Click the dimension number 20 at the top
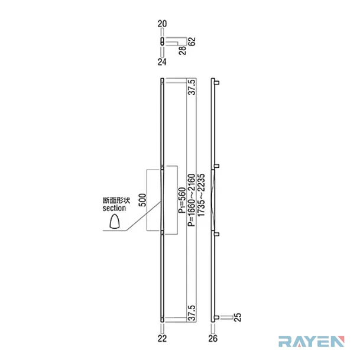click(162, 24)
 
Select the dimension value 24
click(162, 61)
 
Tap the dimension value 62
click(192, 41)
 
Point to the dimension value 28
click(183, 50)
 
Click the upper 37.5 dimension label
click(192, 87)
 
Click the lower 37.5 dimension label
click(192, 313)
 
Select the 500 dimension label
click(143, 200)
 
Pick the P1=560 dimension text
click(182, 200)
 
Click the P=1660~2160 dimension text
click(192, 200)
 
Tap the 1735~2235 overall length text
click(200, 195)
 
